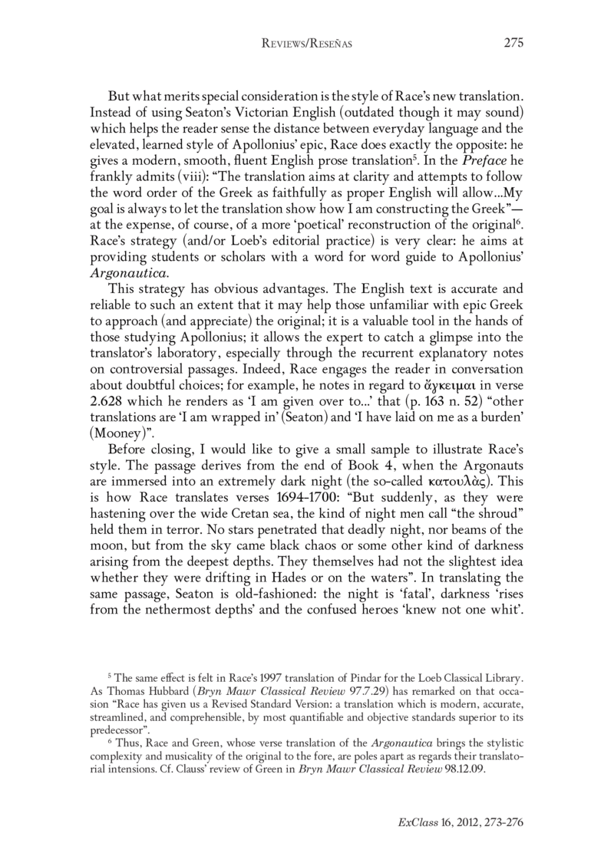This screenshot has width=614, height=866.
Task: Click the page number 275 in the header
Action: coord(513,44)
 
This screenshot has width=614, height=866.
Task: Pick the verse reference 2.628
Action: coord(109,345)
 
